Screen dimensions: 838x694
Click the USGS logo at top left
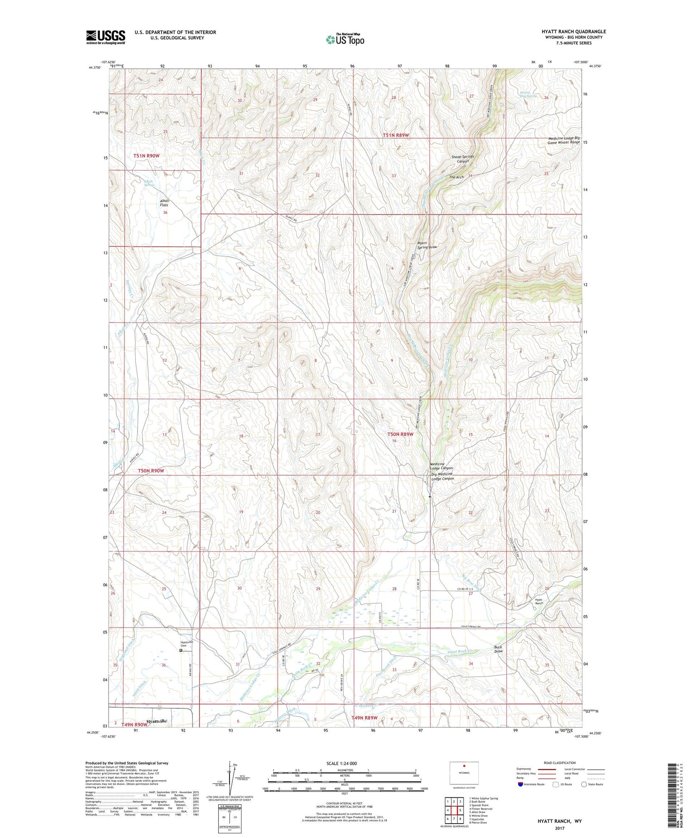105,37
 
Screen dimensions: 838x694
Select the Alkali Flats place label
165,203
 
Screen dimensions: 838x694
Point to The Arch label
456,177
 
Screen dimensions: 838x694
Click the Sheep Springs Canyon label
463,159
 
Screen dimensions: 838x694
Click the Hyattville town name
156,721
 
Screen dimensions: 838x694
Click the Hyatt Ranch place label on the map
539,601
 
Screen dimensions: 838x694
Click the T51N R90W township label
146,156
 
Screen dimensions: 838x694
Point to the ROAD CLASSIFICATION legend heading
559,763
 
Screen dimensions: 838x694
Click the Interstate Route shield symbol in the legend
520,784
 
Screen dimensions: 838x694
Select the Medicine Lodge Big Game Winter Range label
564,140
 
